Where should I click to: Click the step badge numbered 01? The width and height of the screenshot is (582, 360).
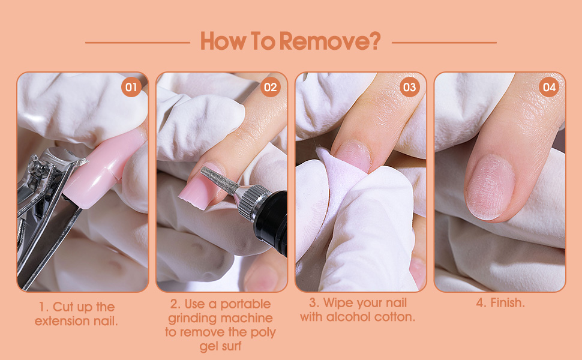pos(131,88)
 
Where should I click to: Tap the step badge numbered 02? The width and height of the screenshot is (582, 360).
pos(271,88)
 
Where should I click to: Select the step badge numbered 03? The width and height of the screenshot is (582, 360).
pos(410,88)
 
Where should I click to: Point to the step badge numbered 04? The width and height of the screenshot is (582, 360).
pos(549,88)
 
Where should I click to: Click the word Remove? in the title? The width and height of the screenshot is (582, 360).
pos(330,42)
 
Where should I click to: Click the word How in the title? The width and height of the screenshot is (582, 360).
pos(219,42)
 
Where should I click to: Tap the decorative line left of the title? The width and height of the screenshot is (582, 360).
pos(137,43)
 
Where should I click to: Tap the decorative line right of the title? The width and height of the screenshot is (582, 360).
pos(444,43)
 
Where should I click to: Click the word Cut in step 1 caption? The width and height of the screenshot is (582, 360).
pos(65,307)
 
